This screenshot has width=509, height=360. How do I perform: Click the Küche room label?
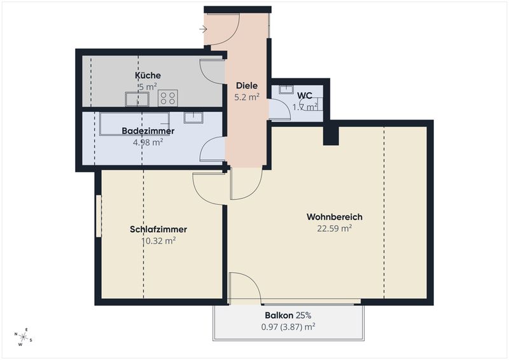148,75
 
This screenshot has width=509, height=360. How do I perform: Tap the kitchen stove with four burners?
168,98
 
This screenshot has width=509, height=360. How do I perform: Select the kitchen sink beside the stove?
137,99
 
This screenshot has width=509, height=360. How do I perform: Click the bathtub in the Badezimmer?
135,124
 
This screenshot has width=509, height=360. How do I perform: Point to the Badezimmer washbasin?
193,118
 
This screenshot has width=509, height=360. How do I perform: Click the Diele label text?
247,86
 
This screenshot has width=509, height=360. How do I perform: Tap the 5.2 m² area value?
247,97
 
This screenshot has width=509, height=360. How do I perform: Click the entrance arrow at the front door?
203,29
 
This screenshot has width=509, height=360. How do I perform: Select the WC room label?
305,95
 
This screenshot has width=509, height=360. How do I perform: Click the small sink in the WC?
286,89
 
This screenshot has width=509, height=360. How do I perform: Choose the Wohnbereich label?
335,217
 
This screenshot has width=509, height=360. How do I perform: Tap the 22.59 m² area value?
335,228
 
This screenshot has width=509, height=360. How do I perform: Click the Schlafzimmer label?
158,229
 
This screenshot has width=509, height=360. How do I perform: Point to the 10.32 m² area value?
158,241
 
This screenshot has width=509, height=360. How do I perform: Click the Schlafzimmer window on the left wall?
99,216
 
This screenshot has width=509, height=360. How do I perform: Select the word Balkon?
279,315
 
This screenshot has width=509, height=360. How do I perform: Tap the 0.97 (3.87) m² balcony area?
288,326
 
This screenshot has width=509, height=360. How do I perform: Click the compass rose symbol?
24,337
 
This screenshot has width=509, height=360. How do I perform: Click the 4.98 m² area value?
148,142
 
